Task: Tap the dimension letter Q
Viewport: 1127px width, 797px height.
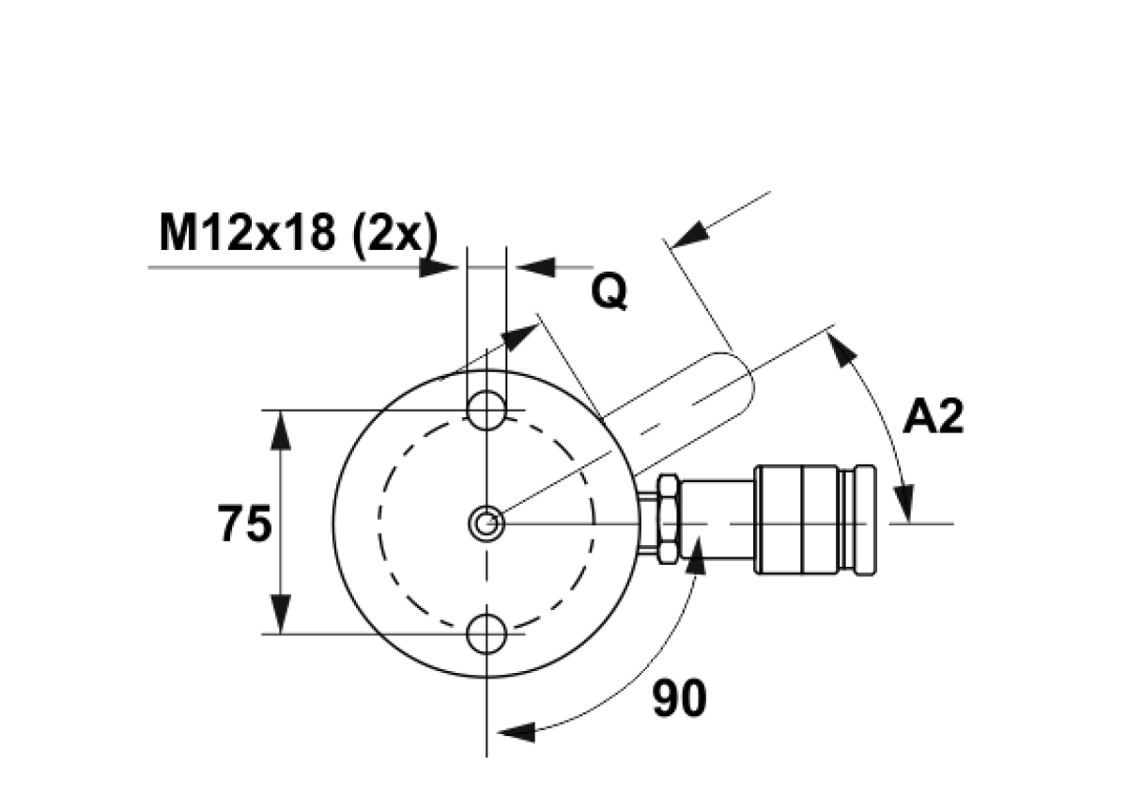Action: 610,292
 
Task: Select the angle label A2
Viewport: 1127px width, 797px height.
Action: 934,416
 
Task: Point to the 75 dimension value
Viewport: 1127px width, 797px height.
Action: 244,524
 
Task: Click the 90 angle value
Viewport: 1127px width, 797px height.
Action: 679,698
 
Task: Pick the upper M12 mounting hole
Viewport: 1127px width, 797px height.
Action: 486,411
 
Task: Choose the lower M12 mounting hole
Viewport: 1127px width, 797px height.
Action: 486,633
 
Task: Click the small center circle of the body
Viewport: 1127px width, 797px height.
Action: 486,524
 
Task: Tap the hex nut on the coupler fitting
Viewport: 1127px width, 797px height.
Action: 669,519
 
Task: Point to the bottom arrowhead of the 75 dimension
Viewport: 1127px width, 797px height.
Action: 281,614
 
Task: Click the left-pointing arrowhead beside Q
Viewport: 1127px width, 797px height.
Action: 536,267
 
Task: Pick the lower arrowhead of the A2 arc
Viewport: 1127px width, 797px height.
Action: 904,503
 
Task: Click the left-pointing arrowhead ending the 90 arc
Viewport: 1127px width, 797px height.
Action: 517,732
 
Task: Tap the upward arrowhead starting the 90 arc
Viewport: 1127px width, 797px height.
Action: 697,555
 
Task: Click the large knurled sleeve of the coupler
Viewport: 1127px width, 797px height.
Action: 796,520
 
